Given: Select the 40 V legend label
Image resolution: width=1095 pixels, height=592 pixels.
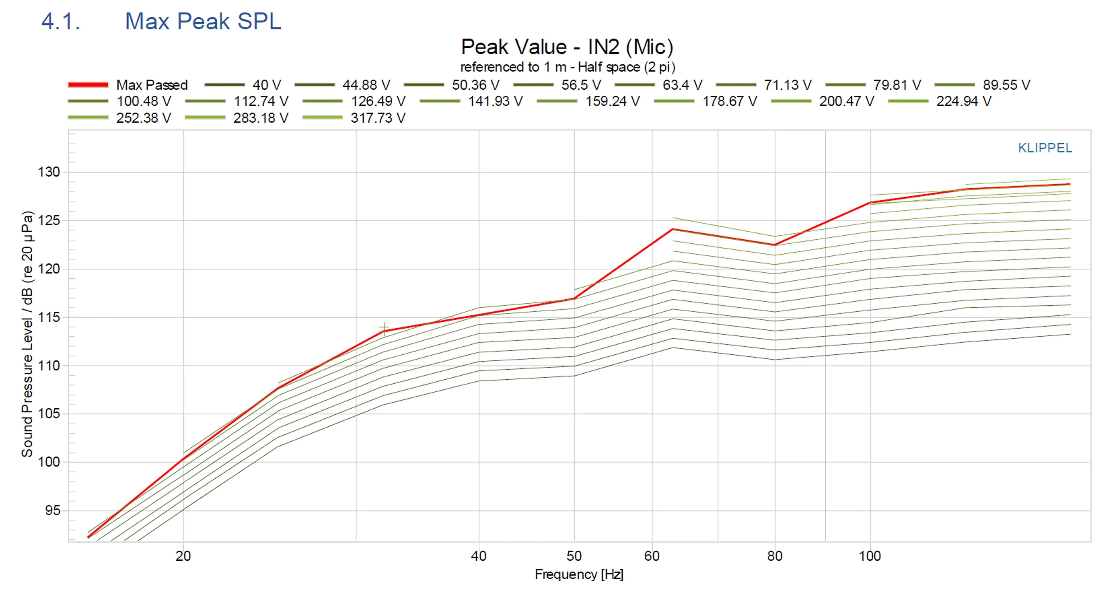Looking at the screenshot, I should pos(267,85).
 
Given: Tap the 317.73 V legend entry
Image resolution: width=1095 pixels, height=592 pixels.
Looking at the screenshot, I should pos(378,118).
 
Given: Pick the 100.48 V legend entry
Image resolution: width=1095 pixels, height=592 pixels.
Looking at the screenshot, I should pos(144,101).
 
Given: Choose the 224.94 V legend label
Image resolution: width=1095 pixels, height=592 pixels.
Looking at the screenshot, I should pos(963,101).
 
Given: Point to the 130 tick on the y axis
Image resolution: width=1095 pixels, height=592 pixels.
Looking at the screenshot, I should pos(49,172).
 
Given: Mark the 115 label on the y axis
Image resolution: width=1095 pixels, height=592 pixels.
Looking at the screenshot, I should pos(49,317).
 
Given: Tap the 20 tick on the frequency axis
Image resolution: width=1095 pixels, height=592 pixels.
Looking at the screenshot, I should pos(183,556).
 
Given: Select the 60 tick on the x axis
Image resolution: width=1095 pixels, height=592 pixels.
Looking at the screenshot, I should pos(652,556).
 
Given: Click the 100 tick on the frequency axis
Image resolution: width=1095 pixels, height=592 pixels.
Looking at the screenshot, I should pos(870,556).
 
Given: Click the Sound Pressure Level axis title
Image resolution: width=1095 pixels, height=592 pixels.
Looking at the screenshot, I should pos(27,334).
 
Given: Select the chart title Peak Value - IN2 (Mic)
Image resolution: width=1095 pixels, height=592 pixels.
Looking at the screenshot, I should pos(567,47).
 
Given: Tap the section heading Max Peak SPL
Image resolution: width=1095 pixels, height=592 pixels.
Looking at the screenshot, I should pos(203,21).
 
